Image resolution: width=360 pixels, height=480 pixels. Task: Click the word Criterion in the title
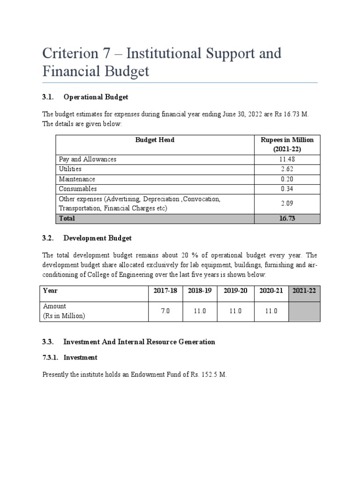pos(73,53)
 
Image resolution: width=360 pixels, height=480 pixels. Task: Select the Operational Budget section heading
pos(96,97)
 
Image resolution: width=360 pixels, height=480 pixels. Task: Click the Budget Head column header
pos(155,140)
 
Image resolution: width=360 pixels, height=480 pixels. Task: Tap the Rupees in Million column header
pos(287,140)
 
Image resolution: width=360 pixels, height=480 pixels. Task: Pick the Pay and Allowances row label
pos(88,159)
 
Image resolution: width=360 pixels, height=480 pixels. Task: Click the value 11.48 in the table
pos(287,159)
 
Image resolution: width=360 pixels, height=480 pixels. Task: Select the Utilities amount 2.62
pos(287,169)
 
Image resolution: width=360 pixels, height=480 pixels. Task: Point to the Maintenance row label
pos(77,179)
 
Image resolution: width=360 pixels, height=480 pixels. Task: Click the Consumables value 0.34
pos(287,189)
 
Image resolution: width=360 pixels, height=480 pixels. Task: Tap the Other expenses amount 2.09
pos(287,204)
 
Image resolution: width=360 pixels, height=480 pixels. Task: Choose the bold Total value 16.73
pos(287,218)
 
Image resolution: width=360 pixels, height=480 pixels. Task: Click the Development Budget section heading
pos(97,238)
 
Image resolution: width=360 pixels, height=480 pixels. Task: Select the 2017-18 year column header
pos(165,291)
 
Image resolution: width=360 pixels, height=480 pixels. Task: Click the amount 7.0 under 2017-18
pos(165,311)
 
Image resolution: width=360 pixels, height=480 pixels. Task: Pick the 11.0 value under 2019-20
pos(235,311)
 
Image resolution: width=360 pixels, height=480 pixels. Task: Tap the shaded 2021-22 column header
pos(304,291)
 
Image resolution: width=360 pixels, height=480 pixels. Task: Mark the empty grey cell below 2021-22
pos(304,311)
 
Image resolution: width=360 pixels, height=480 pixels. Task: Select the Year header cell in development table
pos(50,291)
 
